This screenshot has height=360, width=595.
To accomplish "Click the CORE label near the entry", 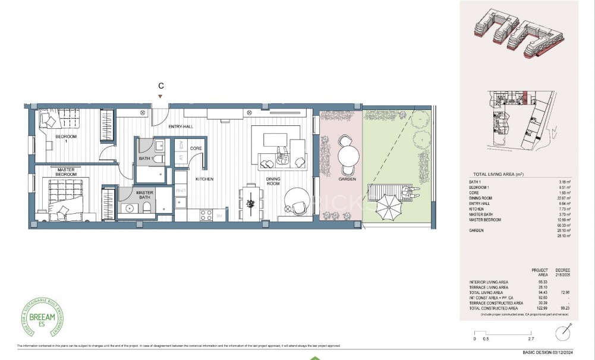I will point(197,148).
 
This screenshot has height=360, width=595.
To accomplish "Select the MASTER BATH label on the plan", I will point(145,195).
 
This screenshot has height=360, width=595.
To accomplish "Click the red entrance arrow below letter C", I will point(160,97).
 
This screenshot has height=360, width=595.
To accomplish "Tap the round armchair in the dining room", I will point(297,201).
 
